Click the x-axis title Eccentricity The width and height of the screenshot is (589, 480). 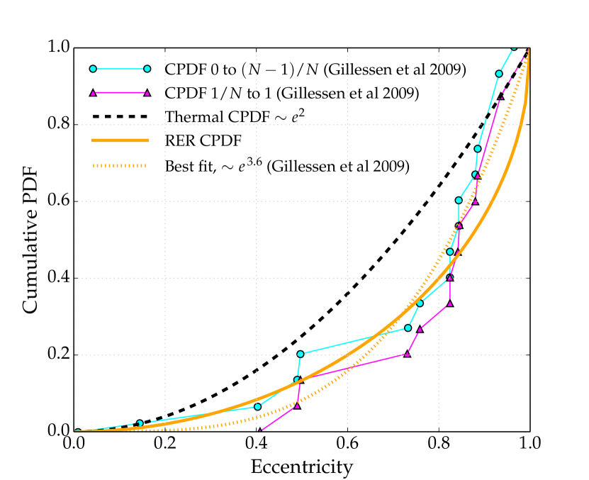(301, 467)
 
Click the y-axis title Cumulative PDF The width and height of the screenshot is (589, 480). (30, 240)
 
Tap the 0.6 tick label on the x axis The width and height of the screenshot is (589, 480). (347, 445)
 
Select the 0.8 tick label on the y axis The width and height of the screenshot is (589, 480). (58, 125)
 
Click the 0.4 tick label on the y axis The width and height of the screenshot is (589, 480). (58, 278)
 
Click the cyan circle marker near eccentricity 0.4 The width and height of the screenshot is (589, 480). (257, 406)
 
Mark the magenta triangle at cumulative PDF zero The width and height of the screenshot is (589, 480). (259, 431)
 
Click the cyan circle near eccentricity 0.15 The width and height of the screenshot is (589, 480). (140, 423)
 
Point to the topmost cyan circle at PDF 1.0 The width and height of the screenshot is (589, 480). (514, 48)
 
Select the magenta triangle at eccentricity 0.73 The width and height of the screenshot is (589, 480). (407, 353)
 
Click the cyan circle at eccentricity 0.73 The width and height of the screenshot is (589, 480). (408, 328)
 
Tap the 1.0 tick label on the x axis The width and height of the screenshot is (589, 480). (529, 445)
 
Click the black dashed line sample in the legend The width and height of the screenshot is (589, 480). (119, 116)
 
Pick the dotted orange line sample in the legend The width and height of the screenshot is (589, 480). (119, 166)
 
